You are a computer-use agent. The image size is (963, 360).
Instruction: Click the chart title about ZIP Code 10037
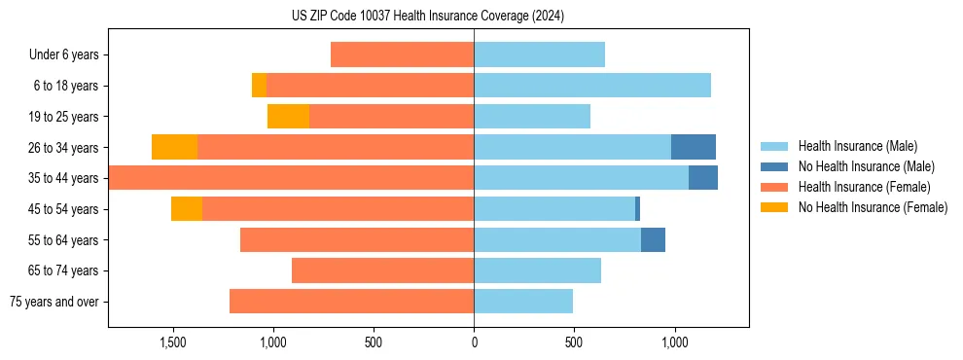427,17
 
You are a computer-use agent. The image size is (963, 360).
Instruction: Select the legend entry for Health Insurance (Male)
856,146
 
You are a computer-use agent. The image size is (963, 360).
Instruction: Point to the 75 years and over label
53,302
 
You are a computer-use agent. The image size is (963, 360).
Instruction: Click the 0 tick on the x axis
474,342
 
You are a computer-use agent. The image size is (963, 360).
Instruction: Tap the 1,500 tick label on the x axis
172,342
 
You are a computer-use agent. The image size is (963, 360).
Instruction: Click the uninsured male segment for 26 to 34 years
694,147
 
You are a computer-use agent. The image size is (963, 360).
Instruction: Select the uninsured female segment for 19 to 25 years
288,117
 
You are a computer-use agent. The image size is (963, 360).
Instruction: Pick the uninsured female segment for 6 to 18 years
259,86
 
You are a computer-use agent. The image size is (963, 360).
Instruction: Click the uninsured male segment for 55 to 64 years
653,239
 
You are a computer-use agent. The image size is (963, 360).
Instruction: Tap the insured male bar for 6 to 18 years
592,86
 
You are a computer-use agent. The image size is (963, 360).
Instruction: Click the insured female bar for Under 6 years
402,54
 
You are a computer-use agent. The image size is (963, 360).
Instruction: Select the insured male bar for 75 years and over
523,302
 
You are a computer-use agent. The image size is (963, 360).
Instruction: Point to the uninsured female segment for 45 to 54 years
187,209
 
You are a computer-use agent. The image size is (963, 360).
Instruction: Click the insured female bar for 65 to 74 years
382,270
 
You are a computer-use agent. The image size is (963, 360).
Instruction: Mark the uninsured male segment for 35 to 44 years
703,178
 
